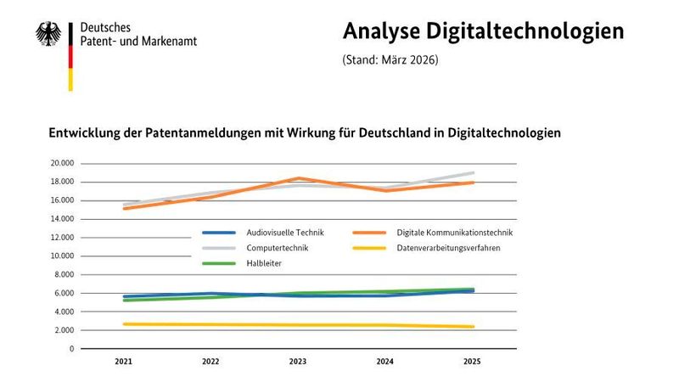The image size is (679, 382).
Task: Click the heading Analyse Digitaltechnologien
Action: coord(483,31)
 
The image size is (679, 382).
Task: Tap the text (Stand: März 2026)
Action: coord(390,60)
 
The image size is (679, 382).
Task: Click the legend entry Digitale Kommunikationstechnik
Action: coord(454,232)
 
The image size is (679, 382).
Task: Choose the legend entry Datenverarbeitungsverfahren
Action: coord(448,248)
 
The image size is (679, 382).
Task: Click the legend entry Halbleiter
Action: coord(264,264)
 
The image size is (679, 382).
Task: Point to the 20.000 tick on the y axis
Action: coord(62,163)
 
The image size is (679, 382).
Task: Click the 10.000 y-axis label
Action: coord(62,256)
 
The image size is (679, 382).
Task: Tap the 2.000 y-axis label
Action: coord(64,330)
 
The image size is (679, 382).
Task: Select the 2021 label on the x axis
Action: coord(124,362)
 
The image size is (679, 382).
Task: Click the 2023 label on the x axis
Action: coord(298,362)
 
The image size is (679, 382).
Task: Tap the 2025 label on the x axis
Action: coord(473,362)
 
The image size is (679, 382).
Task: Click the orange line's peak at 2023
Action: coord(299,178)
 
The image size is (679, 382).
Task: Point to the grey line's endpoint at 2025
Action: coord(473,172)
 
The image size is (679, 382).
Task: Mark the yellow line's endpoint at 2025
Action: coord(473,327)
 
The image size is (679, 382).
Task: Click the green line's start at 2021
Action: coord(125,300)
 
